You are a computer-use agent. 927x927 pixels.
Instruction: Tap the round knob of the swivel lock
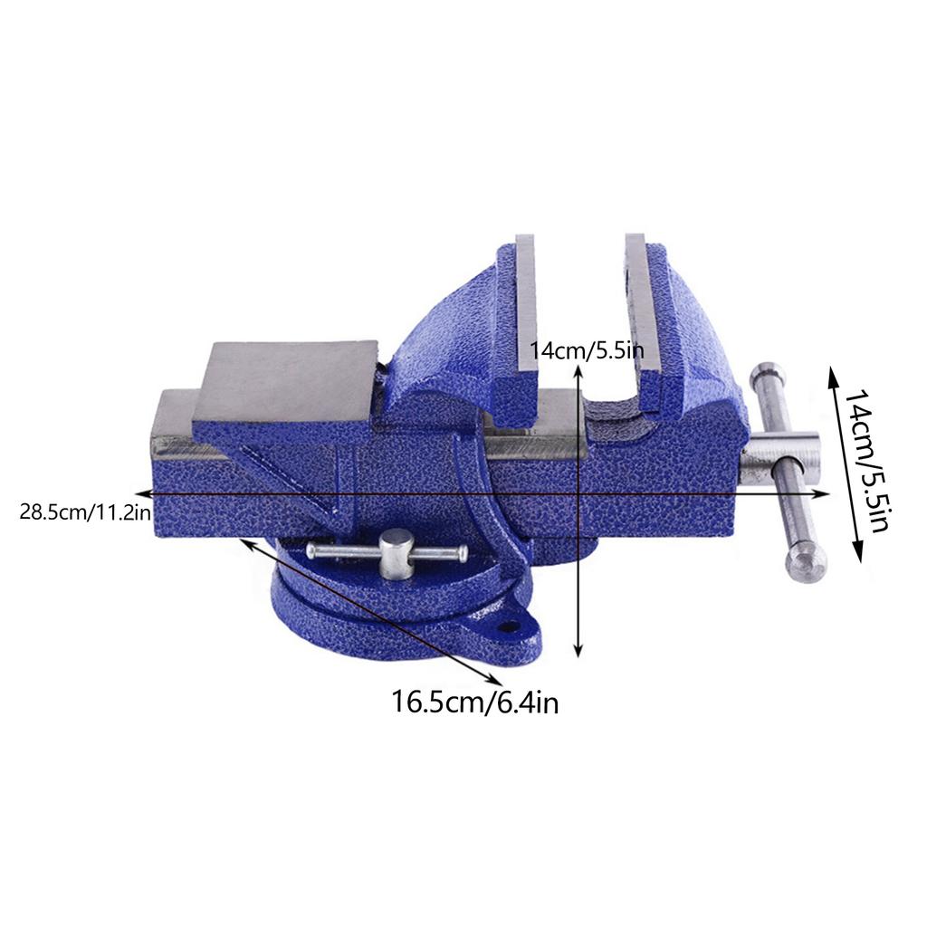(x=397, y=547)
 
